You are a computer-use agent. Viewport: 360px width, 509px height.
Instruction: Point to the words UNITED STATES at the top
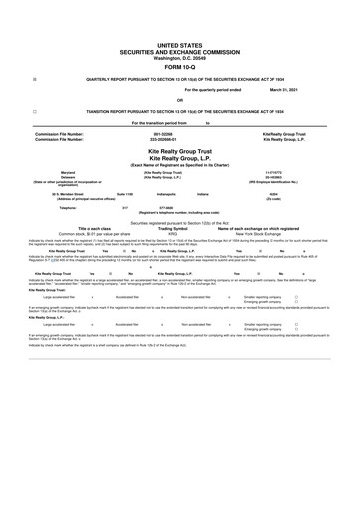[x=179, y=46]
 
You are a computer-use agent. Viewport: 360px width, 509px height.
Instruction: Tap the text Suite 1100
[x=126, y=195]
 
